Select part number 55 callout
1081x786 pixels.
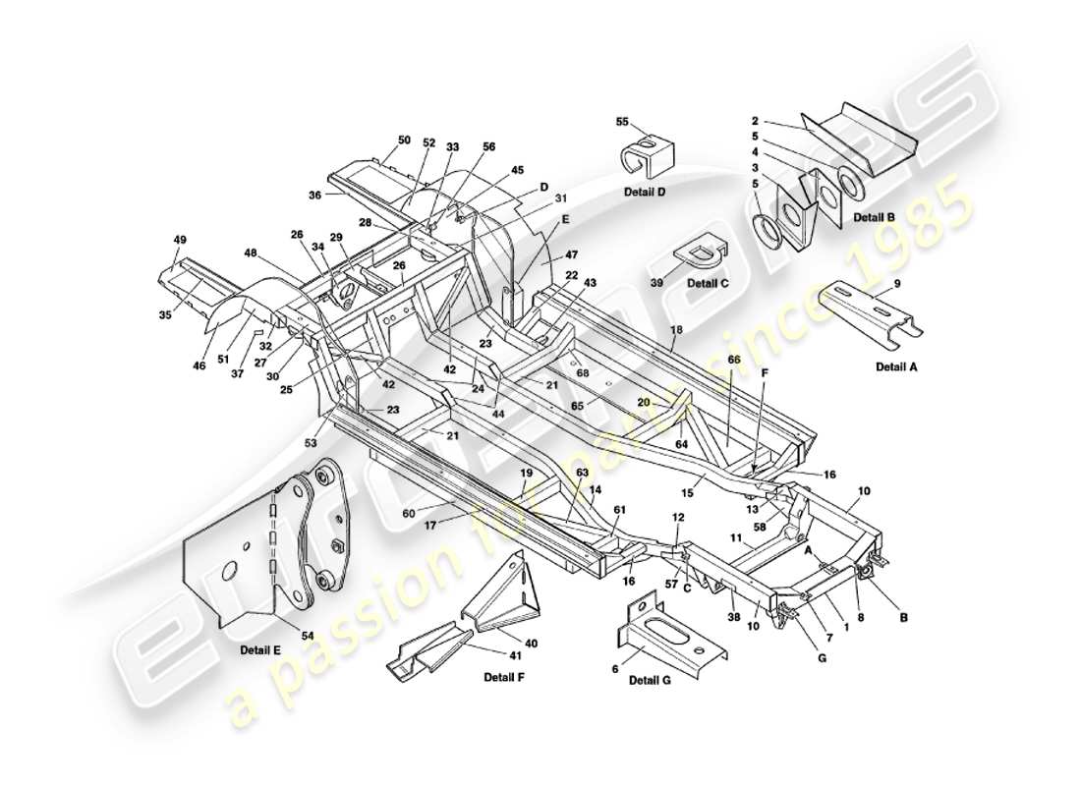point(621,122)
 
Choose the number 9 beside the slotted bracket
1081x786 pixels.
point(896,284)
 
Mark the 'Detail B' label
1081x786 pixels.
point(875,216)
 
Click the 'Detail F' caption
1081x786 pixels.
point(506,677)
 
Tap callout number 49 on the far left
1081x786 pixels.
point(179,240)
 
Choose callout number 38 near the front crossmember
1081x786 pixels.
point(733,618)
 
